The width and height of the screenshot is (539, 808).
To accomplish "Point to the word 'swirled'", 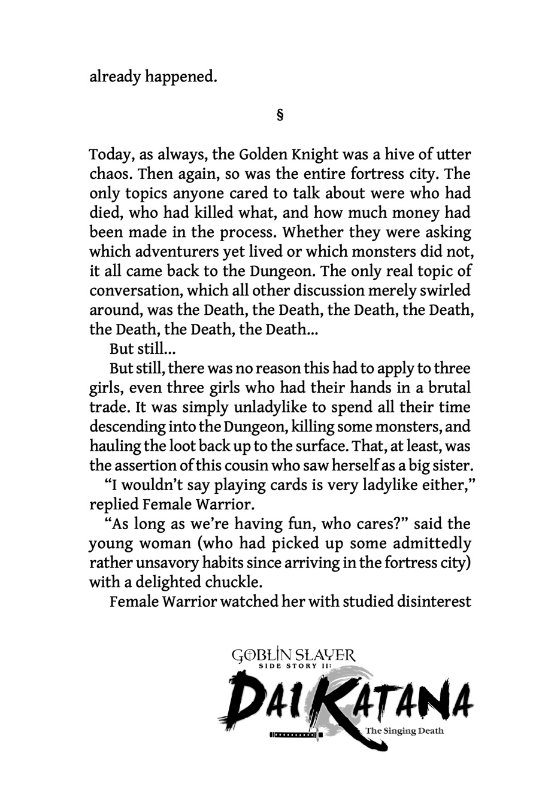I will [444, 290].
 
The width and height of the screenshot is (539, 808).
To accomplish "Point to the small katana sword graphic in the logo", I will [296, 733].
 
